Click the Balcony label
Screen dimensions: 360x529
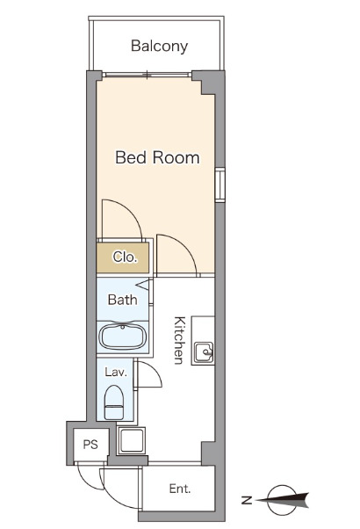click(159, 47)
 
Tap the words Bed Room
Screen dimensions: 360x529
click(157, 157)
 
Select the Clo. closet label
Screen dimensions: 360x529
click(125, 257)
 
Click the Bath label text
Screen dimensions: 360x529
click(122, 300)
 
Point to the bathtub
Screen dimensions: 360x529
click(123, 337)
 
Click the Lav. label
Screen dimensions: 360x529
click(116, 372)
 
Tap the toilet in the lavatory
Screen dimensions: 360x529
click(114, 402)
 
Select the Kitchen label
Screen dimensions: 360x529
click(179, 340)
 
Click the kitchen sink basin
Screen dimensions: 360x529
click(204, 352)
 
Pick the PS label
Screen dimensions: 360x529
click(90, 445)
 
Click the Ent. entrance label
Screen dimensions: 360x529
click(180, 489)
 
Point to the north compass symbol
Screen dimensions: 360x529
click(283, 500)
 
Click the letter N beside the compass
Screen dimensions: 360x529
click(247, 500)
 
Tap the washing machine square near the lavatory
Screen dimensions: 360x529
click(131, 441)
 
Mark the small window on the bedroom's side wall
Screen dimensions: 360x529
click(220, 185)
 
